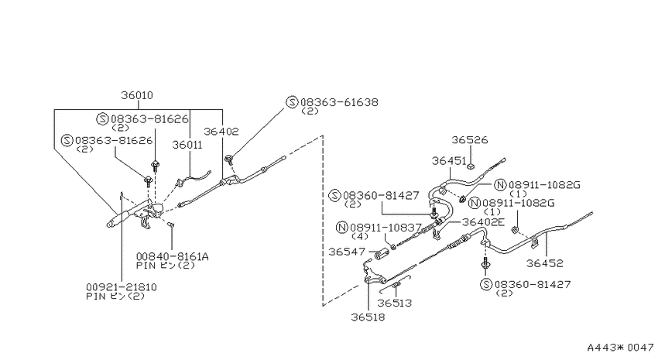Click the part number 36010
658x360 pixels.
tap(137, 95)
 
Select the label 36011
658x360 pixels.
tap(187, 145)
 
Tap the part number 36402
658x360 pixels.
tap(221, 132)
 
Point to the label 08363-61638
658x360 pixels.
tap(339, 102)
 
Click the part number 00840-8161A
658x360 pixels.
tap(172, 256)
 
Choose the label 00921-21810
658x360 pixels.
tap(122, 287)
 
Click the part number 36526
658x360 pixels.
tap(470, 139)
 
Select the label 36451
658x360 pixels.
tap(449, 161)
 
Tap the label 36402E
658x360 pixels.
tap(483, 221)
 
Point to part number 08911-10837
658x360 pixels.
tap(386, 228)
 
